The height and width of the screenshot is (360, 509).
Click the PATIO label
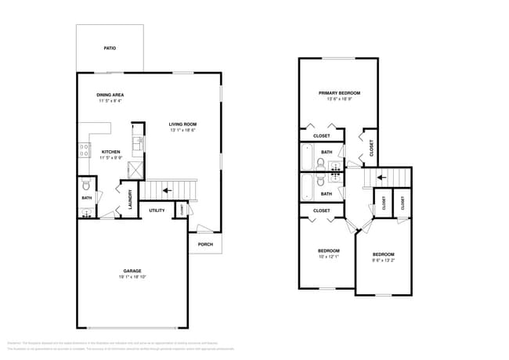click(x=110, y=49)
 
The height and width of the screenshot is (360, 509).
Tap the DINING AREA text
click(x=110, y=95)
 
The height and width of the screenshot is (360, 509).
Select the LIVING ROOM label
click(x=182, y=124)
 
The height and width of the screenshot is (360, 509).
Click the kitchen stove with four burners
click(x=83, y=150)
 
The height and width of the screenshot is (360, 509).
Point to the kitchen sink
click(x=138, y=143)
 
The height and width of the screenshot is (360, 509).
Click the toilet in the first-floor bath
click(x=86, y=185)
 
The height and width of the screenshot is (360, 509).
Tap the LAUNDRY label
click(x=131, y=199)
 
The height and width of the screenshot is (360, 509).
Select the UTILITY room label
click(x=157, y=211)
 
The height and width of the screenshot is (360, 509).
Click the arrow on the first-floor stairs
click(x=165, y=189)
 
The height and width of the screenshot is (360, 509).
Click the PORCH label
click(x=205, y=244)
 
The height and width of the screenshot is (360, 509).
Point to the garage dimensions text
click(x=132, y=277)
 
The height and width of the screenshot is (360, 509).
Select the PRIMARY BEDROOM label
click(x=338, y=92)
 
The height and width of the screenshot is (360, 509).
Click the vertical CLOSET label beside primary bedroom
click(x=371, y=147)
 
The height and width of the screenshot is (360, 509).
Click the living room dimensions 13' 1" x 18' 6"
click(x=182, y=130)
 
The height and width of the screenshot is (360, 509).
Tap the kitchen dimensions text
click(x=110, y=158)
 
